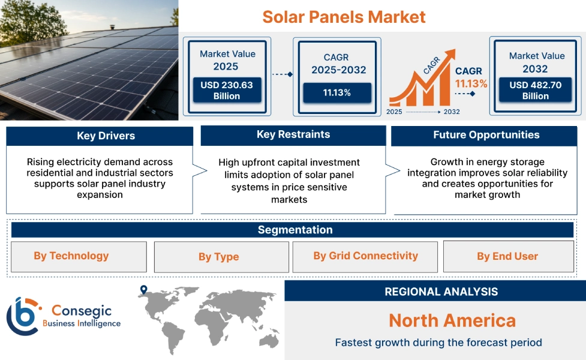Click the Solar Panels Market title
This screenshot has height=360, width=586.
tap(344, 17)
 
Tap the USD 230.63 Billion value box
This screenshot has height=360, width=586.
tap(226, 91)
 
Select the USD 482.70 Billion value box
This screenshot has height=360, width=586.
tap(536, 91)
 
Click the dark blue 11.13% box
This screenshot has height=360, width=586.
tap(336, 92)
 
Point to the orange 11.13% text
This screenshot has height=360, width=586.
tap(471, 83)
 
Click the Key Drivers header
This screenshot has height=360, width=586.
tap(100, 136)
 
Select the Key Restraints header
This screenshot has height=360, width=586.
tap(293, 135)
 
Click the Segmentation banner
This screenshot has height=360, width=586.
tap(294, 230)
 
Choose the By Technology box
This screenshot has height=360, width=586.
tap(79, 257)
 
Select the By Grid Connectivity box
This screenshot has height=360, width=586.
tap(365, 256)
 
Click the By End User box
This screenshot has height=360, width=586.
tap(507, 257)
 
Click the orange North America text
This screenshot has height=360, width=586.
tap(452, 320)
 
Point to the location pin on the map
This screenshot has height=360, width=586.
tap(143, 290)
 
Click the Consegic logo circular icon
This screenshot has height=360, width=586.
tap(22, 316)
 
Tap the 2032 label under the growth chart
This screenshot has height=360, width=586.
tap(451, 112)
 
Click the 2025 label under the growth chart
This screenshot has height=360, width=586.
tap(394, 112)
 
